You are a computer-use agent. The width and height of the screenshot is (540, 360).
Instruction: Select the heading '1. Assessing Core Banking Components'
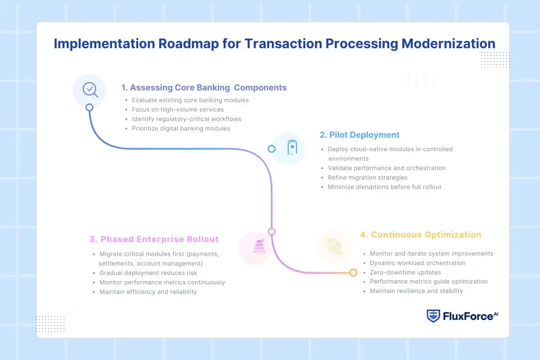[203, 88]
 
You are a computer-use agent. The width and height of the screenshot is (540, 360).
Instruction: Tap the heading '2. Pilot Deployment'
[360, 135]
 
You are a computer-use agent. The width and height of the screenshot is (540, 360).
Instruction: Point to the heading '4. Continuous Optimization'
[420, 235]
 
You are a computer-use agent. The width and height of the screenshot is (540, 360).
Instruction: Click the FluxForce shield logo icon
[433, 316]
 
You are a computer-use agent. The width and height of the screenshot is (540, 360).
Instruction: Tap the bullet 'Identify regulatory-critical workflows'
[186, 119]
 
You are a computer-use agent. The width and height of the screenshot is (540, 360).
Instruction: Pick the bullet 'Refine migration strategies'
[368, 177]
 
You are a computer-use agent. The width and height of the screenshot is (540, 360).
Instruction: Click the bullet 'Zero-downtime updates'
[405, 272]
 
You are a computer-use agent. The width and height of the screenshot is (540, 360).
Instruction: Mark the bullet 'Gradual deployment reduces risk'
[148, 273]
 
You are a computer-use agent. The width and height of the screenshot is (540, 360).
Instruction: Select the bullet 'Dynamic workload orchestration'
[417, 263]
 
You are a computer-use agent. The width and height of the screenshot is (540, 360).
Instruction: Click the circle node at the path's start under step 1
[89, 108]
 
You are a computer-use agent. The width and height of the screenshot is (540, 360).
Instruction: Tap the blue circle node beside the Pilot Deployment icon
[271, 148]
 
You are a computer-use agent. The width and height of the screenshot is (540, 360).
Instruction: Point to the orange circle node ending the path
[353, 273]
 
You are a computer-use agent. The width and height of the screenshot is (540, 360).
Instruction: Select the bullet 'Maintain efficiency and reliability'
[148, 292]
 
